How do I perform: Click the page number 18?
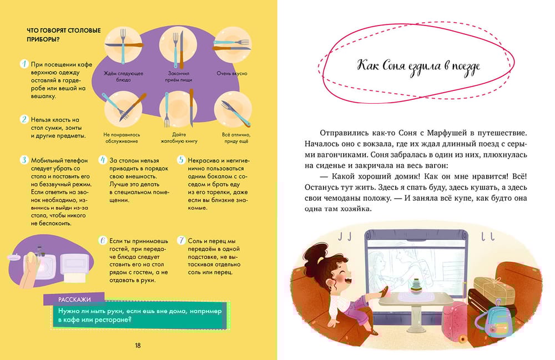coord(138,346)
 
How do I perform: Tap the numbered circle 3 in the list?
coord(24,160)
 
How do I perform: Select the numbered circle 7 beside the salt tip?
coord(181,241)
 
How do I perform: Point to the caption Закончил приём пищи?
coord(178,77)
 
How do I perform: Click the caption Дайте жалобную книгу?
coord(179,138)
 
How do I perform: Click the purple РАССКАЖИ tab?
coord(74,299)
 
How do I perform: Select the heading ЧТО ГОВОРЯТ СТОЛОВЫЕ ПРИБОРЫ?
coord(64,34)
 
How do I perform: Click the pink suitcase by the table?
coord(455,321)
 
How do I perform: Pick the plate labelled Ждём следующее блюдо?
coord(123,45)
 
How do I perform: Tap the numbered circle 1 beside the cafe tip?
coord(24,64)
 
